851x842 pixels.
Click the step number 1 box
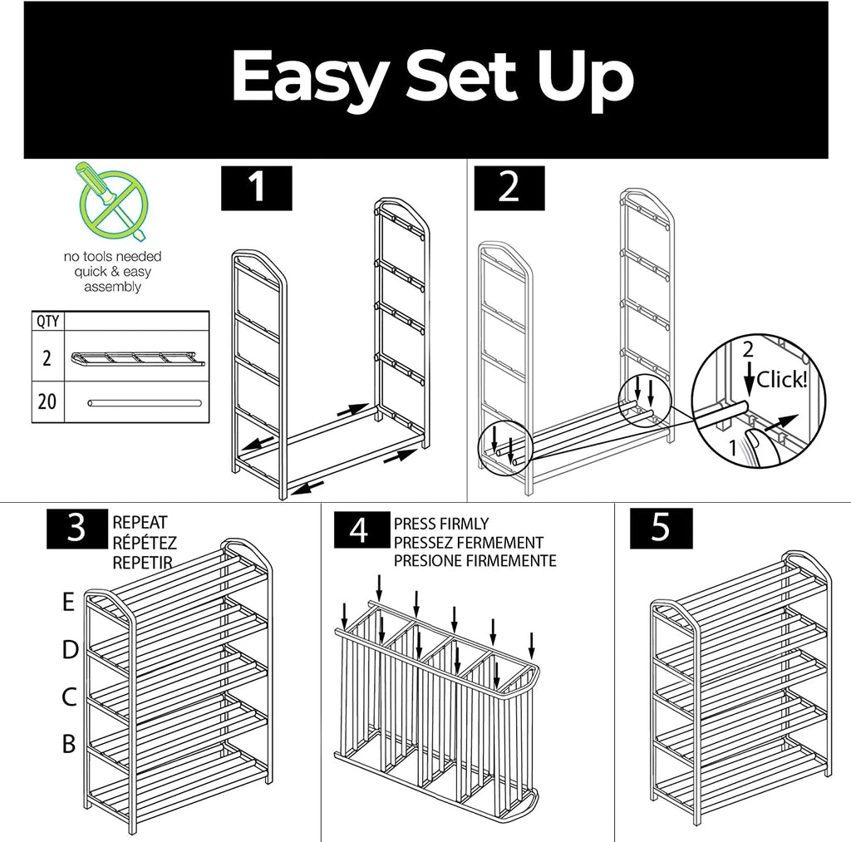pos(257,187)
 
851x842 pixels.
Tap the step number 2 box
pos(509,187)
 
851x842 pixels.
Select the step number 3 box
pos(76,528)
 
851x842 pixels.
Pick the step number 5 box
pos(661,528)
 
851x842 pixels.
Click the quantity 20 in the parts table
pos(47,402)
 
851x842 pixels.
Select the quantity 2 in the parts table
pos(47,359)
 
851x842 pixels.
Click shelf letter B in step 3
pos(69,744)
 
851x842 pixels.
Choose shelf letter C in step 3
pos(69,697)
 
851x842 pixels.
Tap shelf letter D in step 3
pos(69,650)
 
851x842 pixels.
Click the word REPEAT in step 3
pos(140,523)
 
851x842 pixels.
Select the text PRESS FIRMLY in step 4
pos(441,524)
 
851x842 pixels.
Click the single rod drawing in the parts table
pos(145,403)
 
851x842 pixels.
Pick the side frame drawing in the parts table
pos(138,359)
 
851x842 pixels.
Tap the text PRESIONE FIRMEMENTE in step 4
pos(475,561)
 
